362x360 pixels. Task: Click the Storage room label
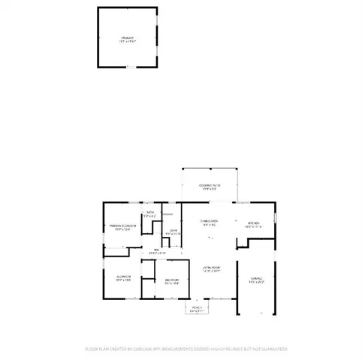tap(127, 37)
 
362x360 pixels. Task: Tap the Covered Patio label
tap(210, 184)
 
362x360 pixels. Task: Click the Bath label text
tap(150, 213)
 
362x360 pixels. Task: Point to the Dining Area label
tap(210, 222)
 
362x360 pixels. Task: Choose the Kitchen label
tap(252, 223)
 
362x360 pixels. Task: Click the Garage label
tap(257, 278)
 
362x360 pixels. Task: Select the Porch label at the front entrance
tap(196, 307)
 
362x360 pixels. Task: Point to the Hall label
tap(157, 250)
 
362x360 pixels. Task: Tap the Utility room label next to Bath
tap(173, 230)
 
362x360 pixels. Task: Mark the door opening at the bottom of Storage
tap(128, 67)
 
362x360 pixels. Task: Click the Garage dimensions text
tap(257, 283)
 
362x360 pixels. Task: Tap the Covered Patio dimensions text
tap(210, 189)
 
